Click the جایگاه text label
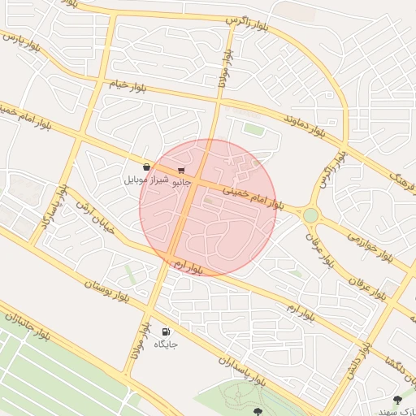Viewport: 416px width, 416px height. (x=166, y=344)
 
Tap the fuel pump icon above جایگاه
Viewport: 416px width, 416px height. (x=167, y=331)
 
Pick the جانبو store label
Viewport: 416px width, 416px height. (x=181, y=183)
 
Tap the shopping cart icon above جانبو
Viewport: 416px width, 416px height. (x=180, y=171)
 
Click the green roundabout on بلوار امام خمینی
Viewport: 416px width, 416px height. (x=310, y=215)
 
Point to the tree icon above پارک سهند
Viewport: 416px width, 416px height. (x=397, y=400)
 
